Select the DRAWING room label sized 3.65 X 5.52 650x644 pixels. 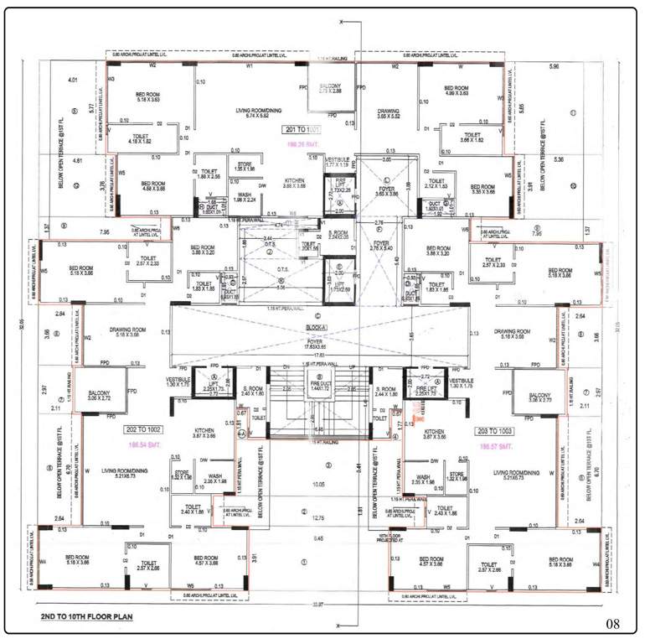tap(388, 114)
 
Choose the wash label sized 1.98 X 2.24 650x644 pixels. tap(244, 197)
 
